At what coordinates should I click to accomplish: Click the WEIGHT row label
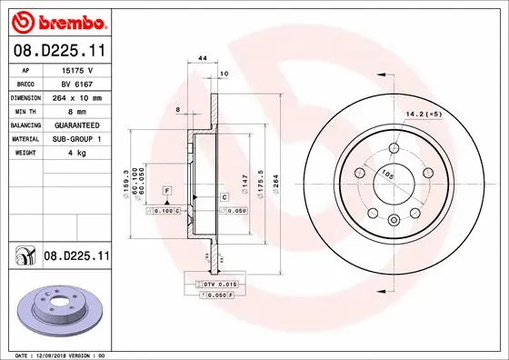[x=24, y=153]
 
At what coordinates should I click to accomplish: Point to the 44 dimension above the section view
[x=203, y=58]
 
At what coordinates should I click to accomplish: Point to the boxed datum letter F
[x=168, y=189]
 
